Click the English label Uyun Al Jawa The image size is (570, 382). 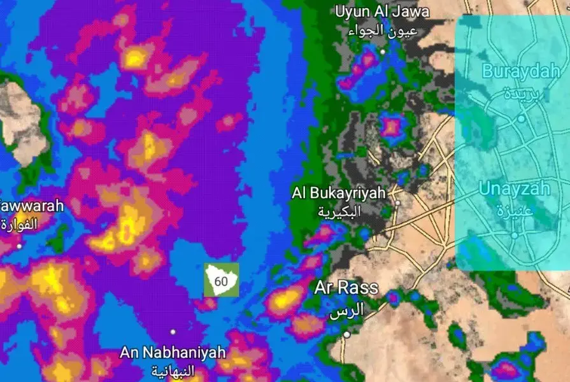pyautogui.click(x=382, y=11)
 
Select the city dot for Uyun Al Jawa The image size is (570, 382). pyautogui.click(x=383, y=52)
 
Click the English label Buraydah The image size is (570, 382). pyautogui.click(x=521, y=71)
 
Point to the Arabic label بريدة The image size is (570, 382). pyautogui.click(x=521, y=94)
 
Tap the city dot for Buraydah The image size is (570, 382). pyautogui.click(x=521, y=118)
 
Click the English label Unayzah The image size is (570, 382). pyautogui.click(x=514, y=188)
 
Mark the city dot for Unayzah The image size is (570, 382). pyautogui.click(x=515, y=235)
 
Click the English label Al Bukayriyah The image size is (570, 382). pyautogui.click(x=339, y=193)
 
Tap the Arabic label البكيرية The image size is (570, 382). pyautogui.click(x=339, y=211)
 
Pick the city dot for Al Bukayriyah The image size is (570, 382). pyautogui.click(x=397, y=203)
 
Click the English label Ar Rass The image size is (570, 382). pyautogui.click(x=346, y=288)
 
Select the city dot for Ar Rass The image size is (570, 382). pyautogui.click(x=347, y=334)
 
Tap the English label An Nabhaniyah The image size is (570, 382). pyautogui.click(x=173, y=352)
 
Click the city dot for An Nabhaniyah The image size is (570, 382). pyautogui.click(x=173, y=332)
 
